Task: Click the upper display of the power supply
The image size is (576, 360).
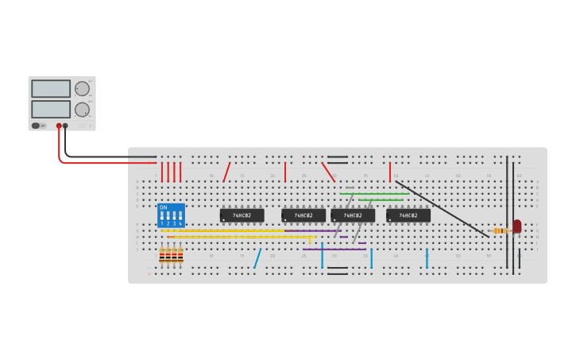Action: click(x=51, y=88)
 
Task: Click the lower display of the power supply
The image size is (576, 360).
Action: click(x=51, y=109)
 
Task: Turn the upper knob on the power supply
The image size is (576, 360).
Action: click(x=82, y=88)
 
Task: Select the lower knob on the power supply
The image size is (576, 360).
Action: click(x=82, y=109)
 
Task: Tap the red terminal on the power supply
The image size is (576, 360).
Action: click(x=59, y=126)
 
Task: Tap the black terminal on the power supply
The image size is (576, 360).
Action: click(x=65, y=126)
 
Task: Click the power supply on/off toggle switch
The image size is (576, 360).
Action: click(x=36, y=126)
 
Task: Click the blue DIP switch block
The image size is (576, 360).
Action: click(x=171, y=215)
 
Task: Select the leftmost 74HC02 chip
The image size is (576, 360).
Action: click(x=242, y=215)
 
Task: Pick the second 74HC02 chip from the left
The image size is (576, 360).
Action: click(x=303, y=215)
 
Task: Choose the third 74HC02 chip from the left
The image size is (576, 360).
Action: click(x=353, y=215)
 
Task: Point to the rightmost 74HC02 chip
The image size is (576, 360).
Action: click(x=408, y=215)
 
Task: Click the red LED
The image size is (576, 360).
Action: click(x=516, y=226)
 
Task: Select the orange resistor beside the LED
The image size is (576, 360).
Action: click(x=501, y=230)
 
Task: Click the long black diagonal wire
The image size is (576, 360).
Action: click(x=442, y=208)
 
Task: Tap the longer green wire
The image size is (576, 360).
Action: click(x=373, y=193)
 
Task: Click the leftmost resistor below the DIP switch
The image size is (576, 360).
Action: click(x=162, y=255)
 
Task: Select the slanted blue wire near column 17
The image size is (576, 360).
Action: click(x=257, y=258)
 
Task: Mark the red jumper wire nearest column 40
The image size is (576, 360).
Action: click(x=390, y=172)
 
